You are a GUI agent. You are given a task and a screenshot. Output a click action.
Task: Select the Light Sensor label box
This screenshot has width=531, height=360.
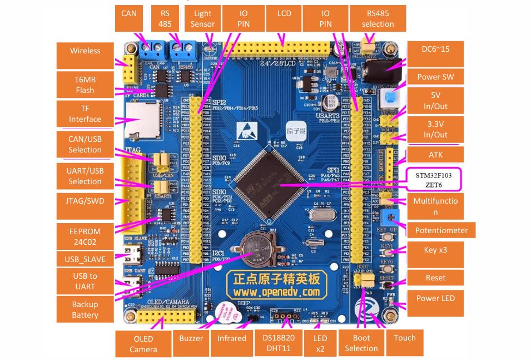coord(202,18)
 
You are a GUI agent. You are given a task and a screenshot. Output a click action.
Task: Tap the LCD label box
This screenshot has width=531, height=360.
coord(283,18)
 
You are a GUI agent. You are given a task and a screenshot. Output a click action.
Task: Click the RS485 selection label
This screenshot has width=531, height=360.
coord(378,18)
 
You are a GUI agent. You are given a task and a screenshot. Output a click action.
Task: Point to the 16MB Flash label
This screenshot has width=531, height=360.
coord(85,85)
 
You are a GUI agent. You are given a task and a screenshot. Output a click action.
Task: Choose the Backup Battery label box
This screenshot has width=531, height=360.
coord(85,309)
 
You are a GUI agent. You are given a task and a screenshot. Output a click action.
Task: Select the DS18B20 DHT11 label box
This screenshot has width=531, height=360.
coord(281,343)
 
